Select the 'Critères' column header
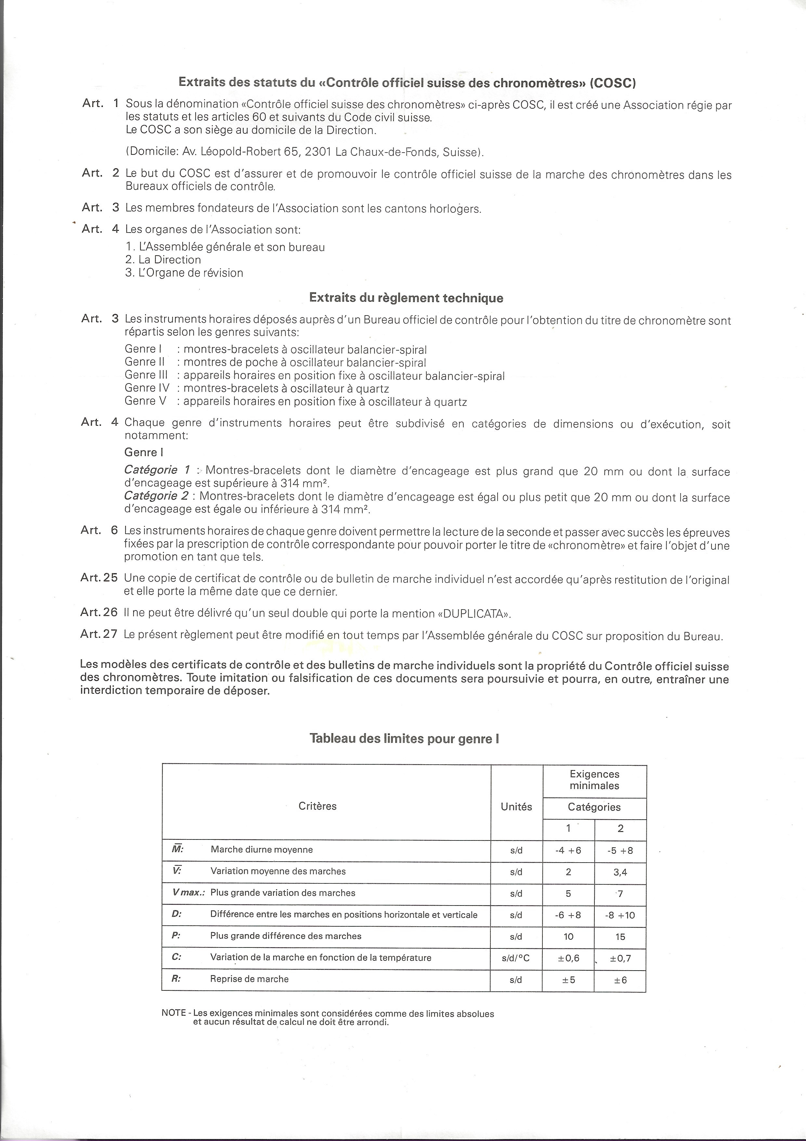point(317,806)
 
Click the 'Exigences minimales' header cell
point(594,780)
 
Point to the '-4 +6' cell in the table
point(568,850)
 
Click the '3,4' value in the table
point(620,872)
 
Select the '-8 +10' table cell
point(620,915)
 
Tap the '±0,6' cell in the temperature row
point(568,958)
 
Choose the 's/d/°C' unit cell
point(516,958)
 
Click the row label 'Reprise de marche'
point(249,979)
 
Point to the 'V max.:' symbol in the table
point(188,893)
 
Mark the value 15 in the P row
point(620,937)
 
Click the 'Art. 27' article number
point(99,634)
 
